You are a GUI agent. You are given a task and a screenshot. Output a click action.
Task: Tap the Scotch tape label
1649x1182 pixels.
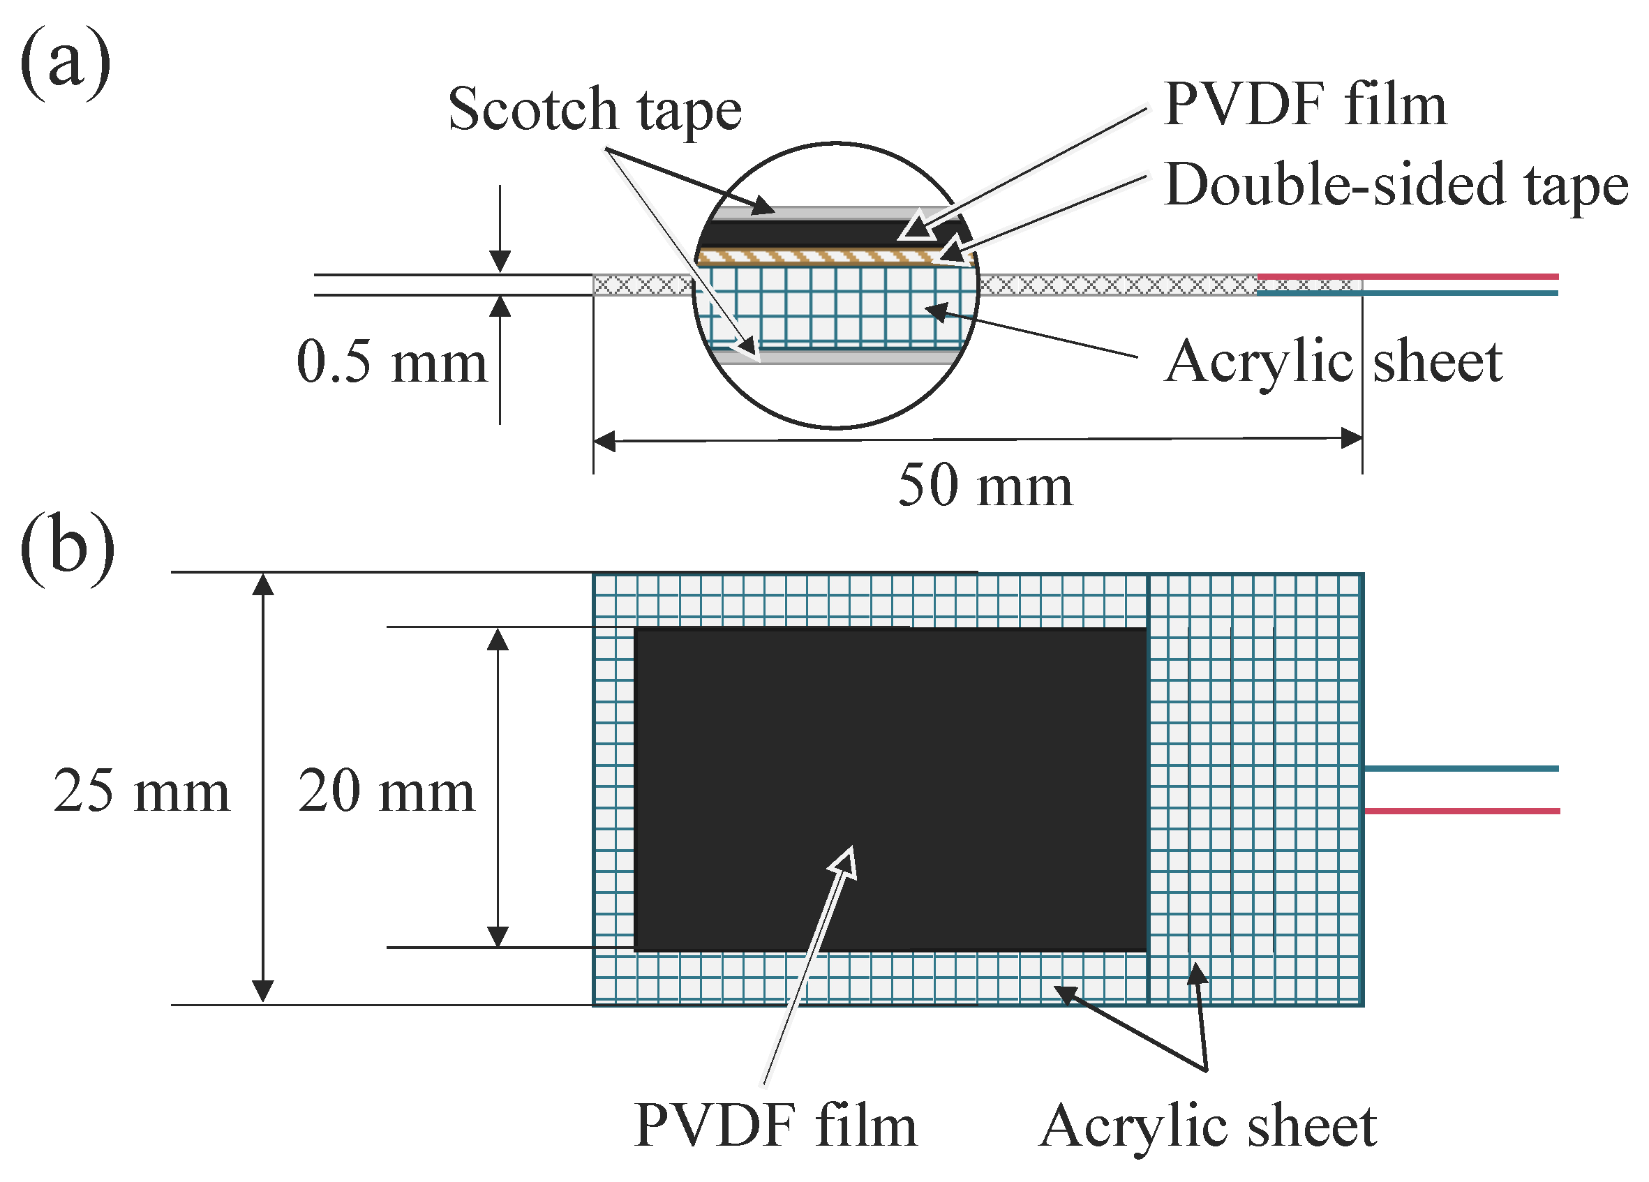coord(594,110)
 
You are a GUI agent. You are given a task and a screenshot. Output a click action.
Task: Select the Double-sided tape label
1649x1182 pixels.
coord(1395,186)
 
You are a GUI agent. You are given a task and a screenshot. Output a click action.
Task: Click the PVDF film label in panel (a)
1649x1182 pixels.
coord(1304,105)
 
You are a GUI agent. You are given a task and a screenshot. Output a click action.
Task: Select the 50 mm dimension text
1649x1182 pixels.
coord(985,486)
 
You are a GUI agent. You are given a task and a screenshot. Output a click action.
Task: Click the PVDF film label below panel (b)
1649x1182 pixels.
coord(776,1126)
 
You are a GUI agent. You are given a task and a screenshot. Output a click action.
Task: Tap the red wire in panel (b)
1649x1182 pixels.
coord(1461,811)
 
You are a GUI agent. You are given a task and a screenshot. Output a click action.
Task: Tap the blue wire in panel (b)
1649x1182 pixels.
coord(1461,768)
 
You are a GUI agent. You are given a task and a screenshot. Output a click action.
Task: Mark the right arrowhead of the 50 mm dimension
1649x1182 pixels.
coord(1352,438)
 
